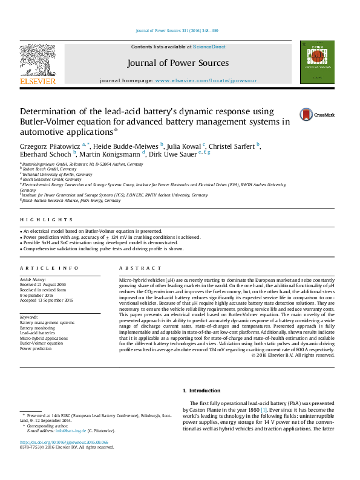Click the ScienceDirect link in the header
209,47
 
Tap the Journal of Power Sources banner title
178,63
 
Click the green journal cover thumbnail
313,63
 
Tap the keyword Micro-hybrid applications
44,338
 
